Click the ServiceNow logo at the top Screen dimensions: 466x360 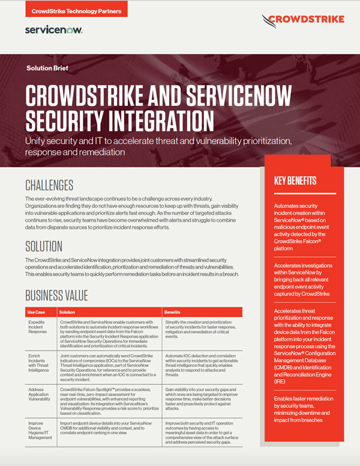[54, 29]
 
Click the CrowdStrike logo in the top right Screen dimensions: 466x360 [303, 20]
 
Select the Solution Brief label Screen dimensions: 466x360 [48, 68]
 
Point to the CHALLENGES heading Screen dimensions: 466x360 [49, 185]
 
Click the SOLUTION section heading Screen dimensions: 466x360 [44, 246]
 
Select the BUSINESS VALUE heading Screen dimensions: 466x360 [56, 295]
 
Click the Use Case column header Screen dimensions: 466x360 [37, 312]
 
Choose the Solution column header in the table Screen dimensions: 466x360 [68, 312]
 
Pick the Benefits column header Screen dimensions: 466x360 [175, 312]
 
